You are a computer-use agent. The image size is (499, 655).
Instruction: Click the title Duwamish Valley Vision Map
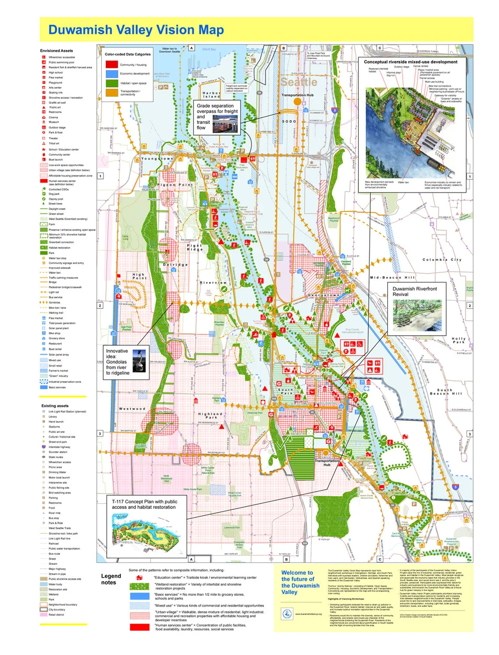coord(136,30)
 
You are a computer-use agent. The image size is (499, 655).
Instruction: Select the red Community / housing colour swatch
coord(112,64)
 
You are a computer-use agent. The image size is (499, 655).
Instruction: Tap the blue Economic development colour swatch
coord(112,73)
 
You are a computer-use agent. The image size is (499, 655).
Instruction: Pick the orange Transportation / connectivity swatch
coord(112,92)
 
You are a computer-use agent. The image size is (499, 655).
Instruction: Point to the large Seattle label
coord(298,82)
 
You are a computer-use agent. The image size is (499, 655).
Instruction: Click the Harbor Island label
coord(212,95)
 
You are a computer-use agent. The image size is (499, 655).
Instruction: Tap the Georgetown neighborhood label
coord(323,295)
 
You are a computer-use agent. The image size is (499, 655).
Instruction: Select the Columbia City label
coord(442,260)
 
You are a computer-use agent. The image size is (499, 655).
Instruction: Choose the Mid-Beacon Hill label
coord(392,277)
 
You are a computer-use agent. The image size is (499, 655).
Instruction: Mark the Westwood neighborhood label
coord(132,409)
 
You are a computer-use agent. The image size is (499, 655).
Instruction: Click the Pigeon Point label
coord(175,185)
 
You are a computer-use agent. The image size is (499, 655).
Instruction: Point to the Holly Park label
coord(459,340)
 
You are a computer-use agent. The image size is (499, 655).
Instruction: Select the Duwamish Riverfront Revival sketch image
coord(417,316)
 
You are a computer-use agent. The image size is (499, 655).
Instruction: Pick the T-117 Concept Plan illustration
coord(146,530)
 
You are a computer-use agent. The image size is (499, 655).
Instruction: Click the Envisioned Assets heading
coord(56,51)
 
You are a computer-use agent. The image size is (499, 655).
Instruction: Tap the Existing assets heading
coord(55,406)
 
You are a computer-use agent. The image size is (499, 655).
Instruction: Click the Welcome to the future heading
coord(300,583)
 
